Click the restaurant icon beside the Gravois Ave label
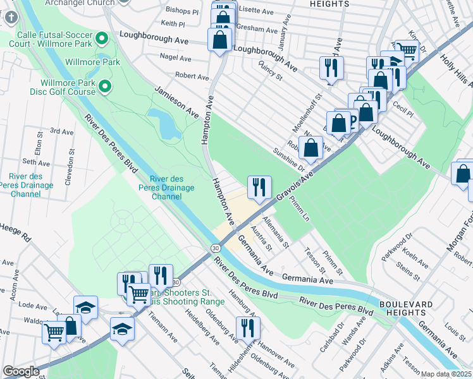click(x=259, y=187)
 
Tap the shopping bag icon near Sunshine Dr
click(x=311, y=148)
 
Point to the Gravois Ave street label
click(x=295, y=188)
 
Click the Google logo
click(x=21, y=371)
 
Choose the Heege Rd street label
click(x=16, y=233)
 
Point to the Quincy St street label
click(x=270, y=69)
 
